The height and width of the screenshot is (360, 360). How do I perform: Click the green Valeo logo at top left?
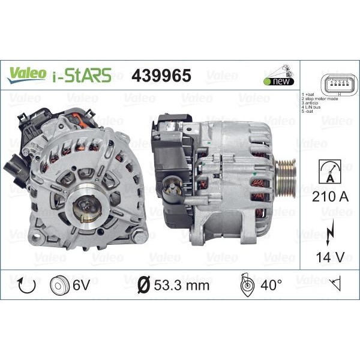(26, 73)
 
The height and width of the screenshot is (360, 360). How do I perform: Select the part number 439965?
(161, 75)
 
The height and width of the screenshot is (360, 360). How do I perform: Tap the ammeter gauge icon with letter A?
(328, 171)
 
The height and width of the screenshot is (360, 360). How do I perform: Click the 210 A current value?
(328, 196)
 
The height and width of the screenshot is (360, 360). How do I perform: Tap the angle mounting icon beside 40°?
(247, 285)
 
